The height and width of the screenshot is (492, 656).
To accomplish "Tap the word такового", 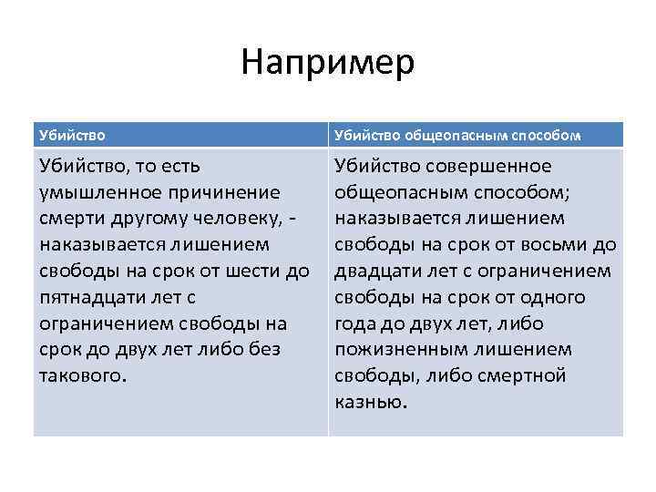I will pyautogui.click(x=84, y=376).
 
